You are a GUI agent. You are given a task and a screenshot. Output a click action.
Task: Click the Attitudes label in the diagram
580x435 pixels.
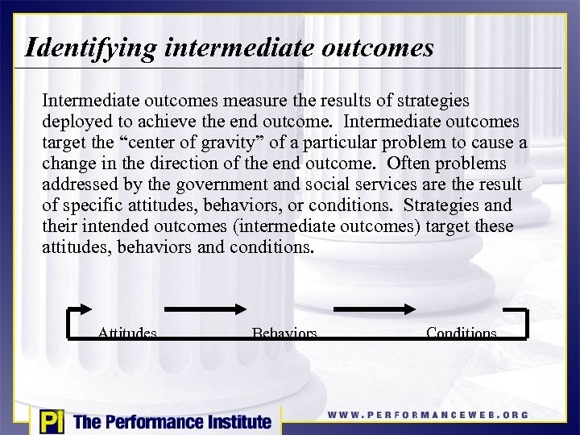point(127,332)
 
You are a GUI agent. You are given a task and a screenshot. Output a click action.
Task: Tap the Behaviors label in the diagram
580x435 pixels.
point(284,332)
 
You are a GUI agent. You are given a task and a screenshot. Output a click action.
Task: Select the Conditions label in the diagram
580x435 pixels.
point(461,332)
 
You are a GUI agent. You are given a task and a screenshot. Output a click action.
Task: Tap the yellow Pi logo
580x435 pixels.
point(51,421)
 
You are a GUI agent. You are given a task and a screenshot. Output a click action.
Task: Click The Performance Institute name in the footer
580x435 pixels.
point(172,421)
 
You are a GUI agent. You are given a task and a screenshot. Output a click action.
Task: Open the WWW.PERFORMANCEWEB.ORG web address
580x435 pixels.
point(428,415)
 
